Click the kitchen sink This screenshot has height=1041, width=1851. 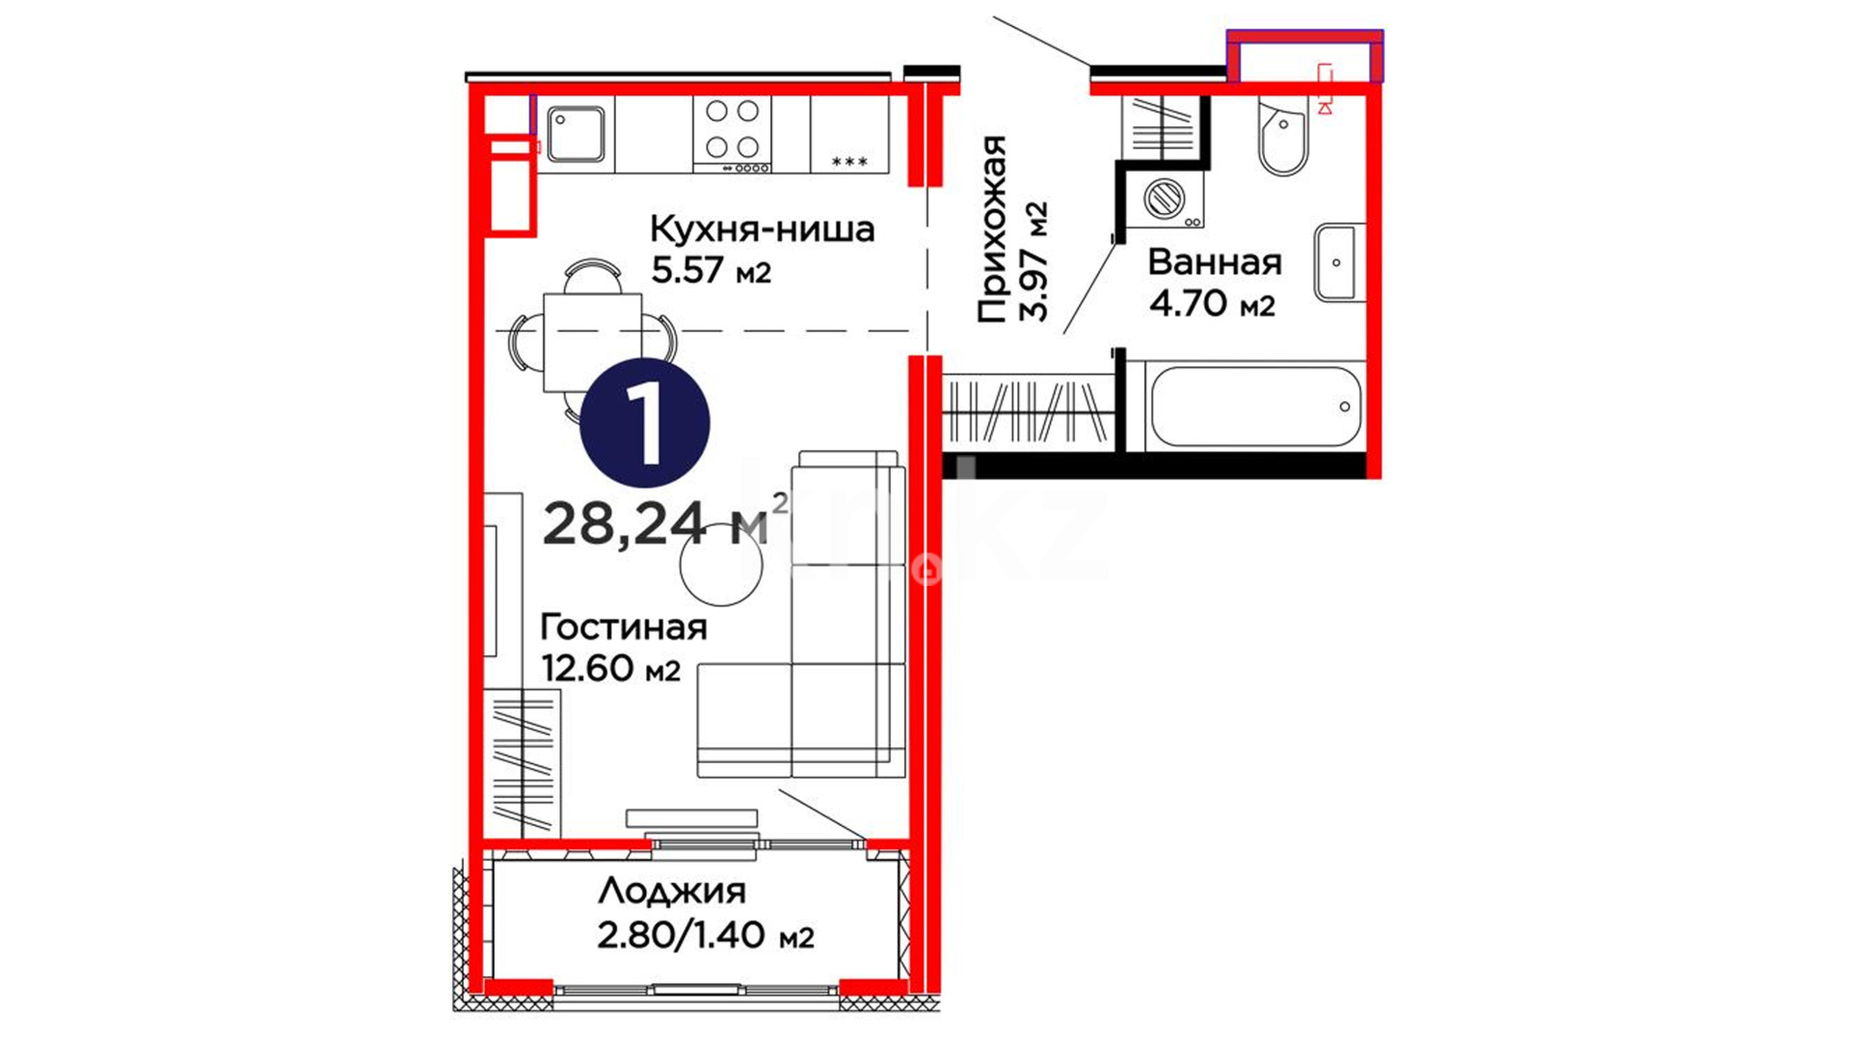point(576,133)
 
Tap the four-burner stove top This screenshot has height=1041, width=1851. point(732,135)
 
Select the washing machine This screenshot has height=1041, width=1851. point(1165,200)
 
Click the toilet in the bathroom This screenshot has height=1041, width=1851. point(1283,136)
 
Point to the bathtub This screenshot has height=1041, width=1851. point(1255,406)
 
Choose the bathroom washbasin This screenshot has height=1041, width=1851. point(1337,262)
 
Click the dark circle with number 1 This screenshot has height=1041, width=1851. point(645,423)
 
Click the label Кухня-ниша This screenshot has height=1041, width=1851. point(762,229)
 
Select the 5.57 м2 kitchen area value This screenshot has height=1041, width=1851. point(711,271)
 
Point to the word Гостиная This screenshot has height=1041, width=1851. point(624,627)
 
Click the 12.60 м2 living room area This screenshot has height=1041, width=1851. point(611,667)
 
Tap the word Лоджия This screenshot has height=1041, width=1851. point(672,892)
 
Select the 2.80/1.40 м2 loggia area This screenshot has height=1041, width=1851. point(706,934)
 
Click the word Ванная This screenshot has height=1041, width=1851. point(1215,262)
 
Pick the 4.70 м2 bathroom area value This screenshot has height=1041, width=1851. point(1212,303)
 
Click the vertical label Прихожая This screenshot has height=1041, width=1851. point(992,228)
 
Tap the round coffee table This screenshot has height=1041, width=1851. point(721,564)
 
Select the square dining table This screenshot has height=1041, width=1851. point(592,342)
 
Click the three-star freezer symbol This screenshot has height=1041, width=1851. point(849,162)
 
